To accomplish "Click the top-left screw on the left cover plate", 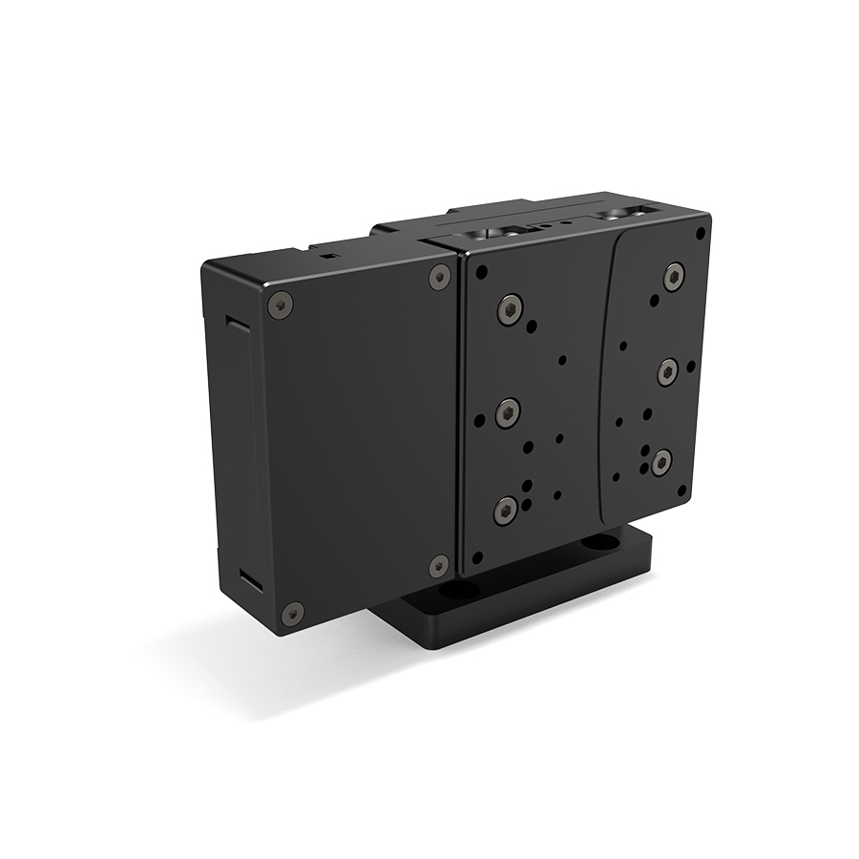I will (x=279, y=305).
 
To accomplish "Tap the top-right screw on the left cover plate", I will (x=439, y=277).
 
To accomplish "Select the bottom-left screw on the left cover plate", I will (x=293, y=613).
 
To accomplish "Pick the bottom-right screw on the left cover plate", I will (x=438, y=565).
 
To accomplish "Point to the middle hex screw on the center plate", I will (x=508, y=412).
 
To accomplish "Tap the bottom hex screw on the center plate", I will (x=505, y=511).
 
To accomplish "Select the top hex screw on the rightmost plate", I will (x=674, y=276).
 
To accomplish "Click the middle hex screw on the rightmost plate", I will (x=667, y=371).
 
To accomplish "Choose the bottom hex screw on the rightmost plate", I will (x=660, y=463).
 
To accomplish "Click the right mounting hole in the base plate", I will (x=599, y=542).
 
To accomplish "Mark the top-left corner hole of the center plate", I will (x=481, y=273).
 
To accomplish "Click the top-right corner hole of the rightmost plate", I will (x=700, y=233).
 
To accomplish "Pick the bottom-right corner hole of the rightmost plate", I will (x=681, y=492).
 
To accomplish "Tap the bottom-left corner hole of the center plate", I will (x=477, y=555).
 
